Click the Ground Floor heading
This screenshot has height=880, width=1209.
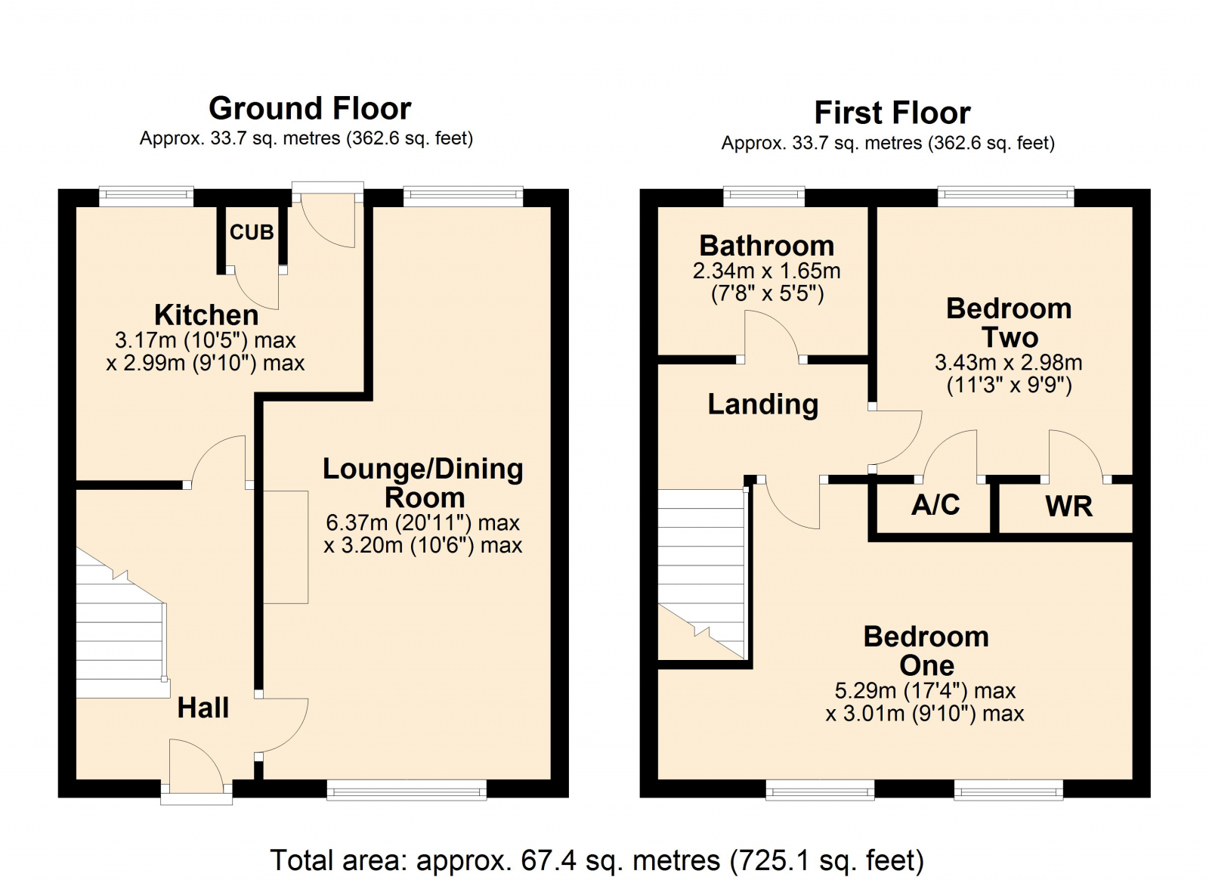coord(310,109)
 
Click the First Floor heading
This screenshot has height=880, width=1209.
coord(892,113)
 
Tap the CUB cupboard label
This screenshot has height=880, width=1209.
coord(252,232)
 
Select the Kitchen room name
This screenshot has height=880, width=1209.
coord(206,315)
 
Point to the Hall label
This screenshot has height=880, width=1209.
coord(203,707)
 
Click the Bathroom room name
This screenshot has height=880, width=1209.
coord(767,246)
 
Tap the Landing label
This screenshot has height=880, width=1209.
coord(762,404)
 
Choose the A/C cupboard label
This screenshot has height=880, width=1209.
coord(935,505)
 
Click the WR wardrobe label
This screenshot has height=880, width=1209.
coord(1068,507)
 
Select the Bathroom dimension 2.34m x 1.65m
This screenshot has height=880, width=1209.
coord(767,271)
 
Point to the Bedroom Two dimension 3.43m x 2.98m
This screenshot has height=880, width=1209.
coord(1009,362)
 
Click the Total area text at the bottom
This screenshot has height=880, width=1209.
coord(597,860)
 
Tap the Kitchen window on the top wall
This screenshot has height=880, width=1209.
coord(147,197)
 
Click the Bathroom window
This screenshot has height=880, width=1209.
coord(764,197)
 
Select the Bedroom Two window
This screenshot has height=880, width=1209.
coord(1006,197)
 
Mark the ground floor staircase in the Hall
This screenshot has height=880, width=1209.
coord(122,624)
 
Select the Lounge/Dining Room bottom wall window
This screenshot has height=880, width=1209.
coord(407,789)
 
